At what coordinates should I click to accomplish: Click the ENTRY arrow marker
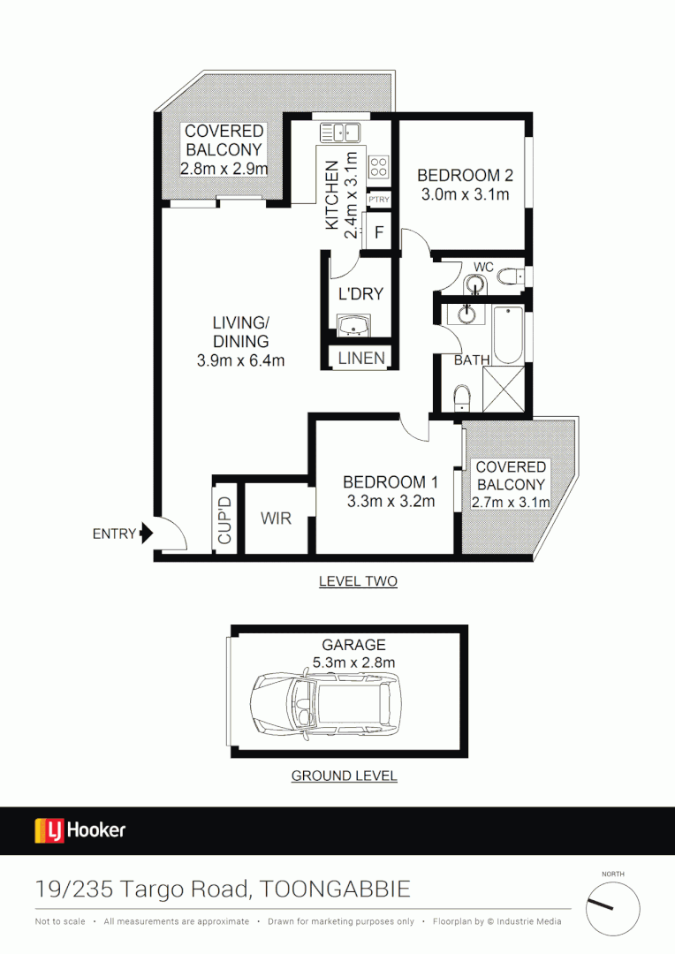[x=147, y=534]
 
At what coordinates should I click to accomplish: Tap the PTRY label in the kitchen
[x=379, y=201]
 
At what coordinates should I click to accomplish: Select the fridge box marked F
[x=379, y=232]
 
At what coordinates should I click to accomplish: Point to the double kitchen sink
[x=339, y=132]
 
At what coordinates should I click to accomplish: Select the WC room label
[x=483, y=266]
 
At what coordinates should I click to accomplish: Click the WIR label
[x=277, y=519]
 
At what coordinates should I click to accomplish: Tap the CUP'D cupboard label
[x=225, y=520]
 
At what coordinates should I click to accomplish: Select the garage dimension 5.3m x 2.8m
[x=353, y=662]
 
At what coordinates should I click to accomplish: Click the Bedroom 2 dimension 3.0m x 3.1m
[x=465, y=194]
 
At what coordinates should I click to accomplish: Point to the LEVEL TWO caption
[x=358, y=581]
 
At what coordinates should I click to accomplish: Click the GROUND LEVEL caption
[x=345, y=776]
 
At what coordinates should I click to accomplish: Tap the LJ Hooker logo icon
[x=49, y=830]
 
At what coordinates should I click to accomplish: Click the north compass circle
[x=612, y=910]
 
